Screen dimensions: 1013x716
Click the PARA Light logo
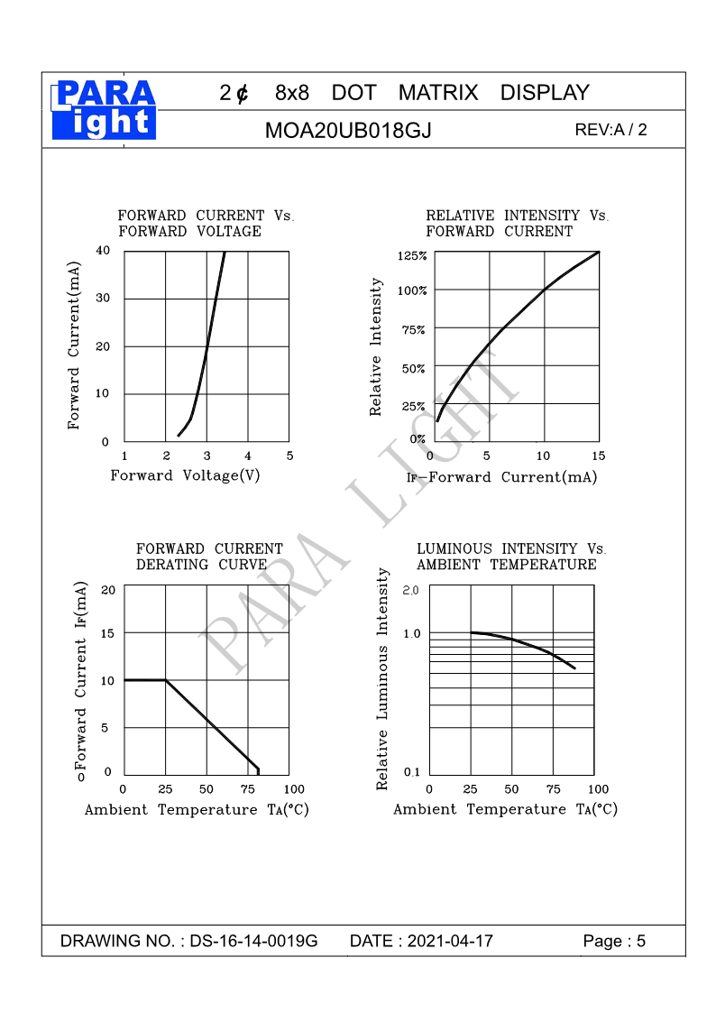105,110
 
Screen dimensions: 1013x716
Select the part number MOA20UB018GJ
348,131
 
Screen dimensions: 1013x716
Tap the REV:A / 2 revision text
610,130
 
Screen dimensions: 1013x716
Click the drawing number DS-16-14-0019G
253,942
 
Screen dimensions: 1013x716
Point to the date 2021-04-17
450,942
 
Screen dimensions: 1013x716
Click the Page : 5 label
614,942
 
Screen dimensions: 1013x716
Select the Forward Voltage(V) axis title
185,475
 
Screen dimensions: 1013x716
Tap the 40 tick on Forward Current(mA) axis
103,251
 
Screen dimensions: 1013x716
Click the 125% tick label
412,256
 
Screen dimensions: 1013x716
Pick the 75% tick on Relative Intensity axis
413,330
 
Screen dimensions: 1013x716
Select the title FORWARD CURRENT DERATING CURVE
209,557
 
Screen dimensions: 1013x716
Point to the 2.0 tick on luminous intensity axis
411,590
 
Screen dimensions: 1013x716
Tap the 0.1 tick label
411,772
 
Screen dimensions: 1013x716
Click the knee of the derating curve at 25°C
165,680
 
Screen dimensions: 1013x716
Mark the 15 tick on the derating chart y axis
107,633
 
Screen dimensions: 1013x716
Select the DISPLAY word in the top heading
544,93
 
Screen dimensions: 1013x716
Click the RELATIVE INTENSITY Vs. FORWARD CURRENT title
517,223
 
